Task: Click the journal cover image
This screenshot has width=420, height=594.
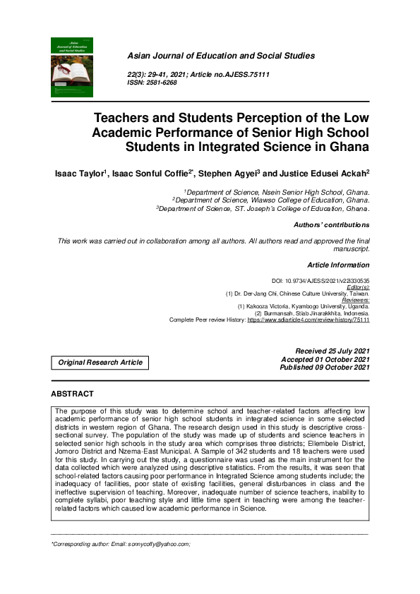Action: click(72, 67)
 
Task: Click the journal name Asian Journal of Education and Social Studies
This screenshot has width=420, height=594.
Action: click(220, 56)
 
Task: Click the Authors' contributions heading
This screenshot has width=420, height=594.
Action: click(331, 225)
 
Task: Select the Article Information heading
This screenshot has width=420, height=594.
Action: click(338, 265)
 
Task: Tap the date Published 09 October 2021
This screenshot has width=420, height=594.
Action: click(324, 368)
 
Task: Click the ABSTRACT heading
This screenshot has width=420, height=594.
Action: click(73, 393)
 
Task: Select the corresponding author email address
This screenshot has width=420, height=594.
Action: click(155, 545)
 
